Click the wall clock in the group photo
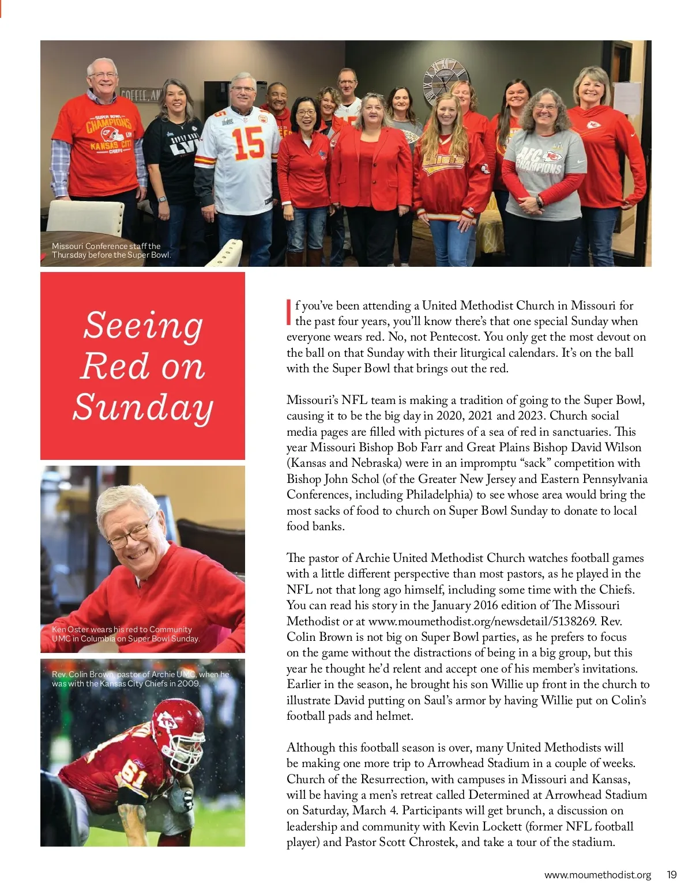[x=445, y=82]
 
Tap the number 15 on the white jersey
[x=248, y=143]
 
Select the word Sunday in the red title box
[x=143, y=407]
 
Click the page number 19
[x=671, y=874]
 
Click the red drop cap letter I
[x=289, y=312]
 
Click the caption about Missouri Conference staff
[x=111, y=250]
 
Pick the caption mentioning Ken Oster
[x=125, y=634]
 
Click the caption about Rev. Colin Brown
[x=140, y=679]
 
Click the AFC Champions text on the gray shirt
[x=539, y=161]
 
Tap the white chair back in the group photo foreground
[x=85, y=217]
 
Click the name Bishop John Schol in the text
[x=333, y=479]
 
